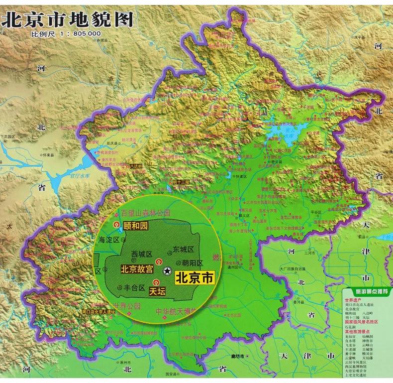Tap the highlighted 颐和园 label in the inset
pyautogui.click(x=136, y=226)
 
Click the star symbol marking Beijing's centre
pyautogui.click(x=168, y=270)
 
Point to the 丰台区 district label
pyautogui.click(x=134, y=287)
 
